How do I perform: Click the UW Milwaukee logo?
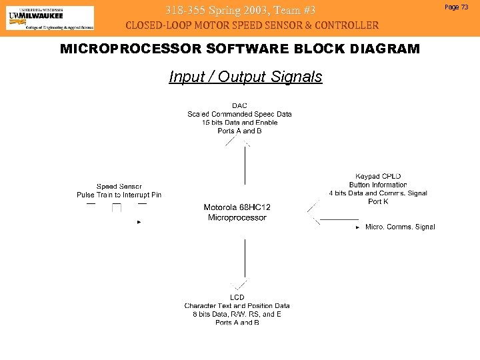coord(50,18)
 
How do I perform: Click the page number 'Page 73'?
coord(457,7)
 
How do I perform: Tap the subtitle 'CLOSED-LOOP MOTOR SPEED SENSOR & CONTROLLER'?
coord(253,25)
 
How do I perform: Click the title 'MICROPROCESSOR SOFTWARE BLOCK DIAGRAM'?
coord(240,49)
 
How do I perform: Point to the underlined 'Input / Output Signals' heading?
coord(245,77)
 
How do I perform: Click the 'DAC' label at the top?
coord(239,105)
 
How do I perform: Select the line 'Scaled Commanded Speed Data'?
coord(239,114)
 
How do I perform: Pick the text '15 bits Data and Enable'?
coord(239,123)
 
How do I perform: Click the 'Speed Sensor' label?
coord(119,187)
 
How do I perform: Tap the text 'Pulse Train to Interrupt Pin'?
coord(119,195)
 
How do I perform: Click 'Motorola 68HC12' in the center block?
coord(237,208)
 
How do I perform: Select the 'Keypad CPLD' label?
coord(378,177)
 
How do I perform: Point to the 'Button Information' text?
coord(378,185)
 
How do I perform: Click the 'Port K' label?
coord(378,201)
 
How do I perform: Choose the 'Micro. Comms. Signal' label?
coord(400,227)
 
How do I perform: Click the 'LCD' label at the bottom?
coord(237,297)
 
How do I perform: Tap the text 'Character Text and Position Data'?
coord(237,306)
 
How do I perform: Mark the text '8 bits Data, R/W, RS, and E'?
coord(237,314)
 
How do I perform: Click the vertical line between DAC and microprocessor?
coord(245,165)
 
